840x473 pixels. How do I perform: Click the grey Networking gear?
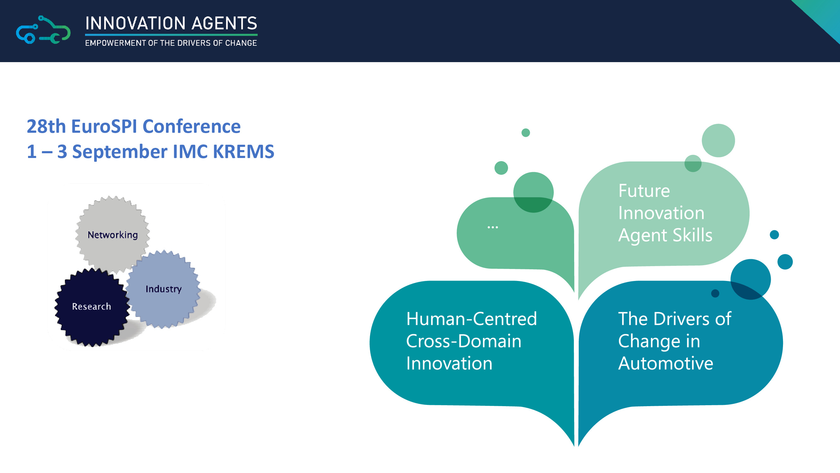[112, 234]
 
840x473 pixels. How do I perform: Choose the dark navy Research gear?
[92, 307]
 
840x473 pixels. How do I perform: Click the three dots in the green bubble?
[492, 227]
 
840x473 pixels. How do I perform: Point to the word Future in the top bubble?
[644, 191]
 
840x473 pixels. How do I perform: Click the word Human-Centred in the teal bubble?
[471, 318]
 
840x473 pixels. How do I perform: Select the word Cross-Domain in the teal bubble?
[464, 341]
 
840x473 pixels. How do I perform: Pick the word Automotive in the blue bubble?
[666, 363]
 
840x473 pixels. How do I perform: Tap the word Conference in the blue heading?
[192, 126]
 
